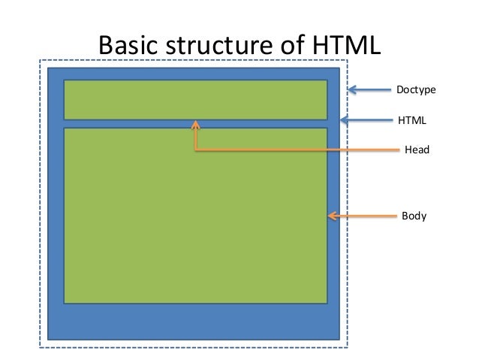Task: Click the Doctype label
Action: tap(416, 91)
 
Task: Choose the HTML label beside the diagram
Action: tap(411, 119)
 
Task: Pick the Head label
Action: tap(417, 150)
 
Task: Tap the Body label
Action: tap(414, 216)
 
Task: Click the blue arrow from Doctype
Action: tap(371, 92)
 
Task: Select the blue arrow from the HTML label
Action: tap(368, 119)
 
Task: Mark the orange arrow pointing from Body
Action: tap(364, 216)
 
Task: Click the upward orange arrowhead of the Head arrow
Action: tap(195, 126)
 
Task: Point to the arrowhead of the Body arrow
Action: tap(331, 216)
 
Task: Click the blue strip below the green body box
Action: tap(195, 322)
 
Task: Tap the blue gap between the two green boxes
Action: tap(113, 124)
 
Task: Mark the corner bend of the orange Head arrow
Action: tap(195, 150)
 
